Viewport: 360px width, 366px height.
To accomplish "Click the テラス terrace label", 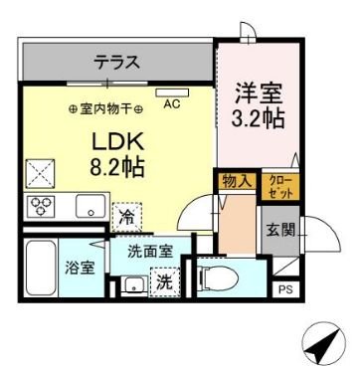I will point(117,62).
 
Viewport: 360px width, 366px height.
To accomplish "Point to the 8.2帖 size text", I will point(117,165).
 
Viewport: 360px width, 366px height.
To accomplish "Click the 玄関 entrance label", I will point(277,230).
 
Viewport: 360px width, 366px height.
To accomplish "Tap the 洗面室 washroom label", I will point(152,254).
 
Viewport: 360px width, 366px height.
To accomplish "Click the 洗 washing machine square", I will point(164,282).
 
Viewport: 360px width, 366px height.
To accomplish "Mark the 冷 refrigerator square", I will point(126,213).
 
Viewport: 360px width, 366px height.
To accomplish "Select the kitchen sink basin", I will point(87,209).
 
